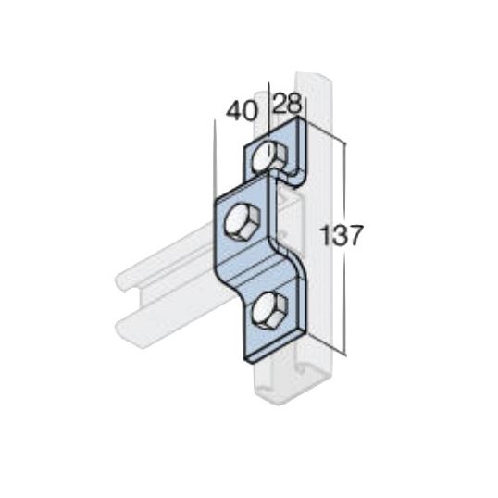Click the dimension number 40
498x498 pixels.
(x=241, y=111)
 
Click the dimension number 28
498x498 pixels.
(x=287, y=103)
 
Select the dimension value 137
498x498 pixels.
(x=342, y=235)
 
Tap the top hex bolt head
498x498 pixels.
(x=270, y=157)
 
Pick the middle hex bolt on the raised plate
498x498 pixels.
(x=243, y=222)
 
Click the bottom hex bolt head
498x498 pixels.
(x=271, y=311)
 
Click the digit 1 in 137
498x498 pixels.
(x=325, y=235)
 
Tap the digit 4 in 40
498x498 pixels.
(x=234, y=111)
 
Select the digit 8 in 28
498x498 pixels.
(x=294, y=104)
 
